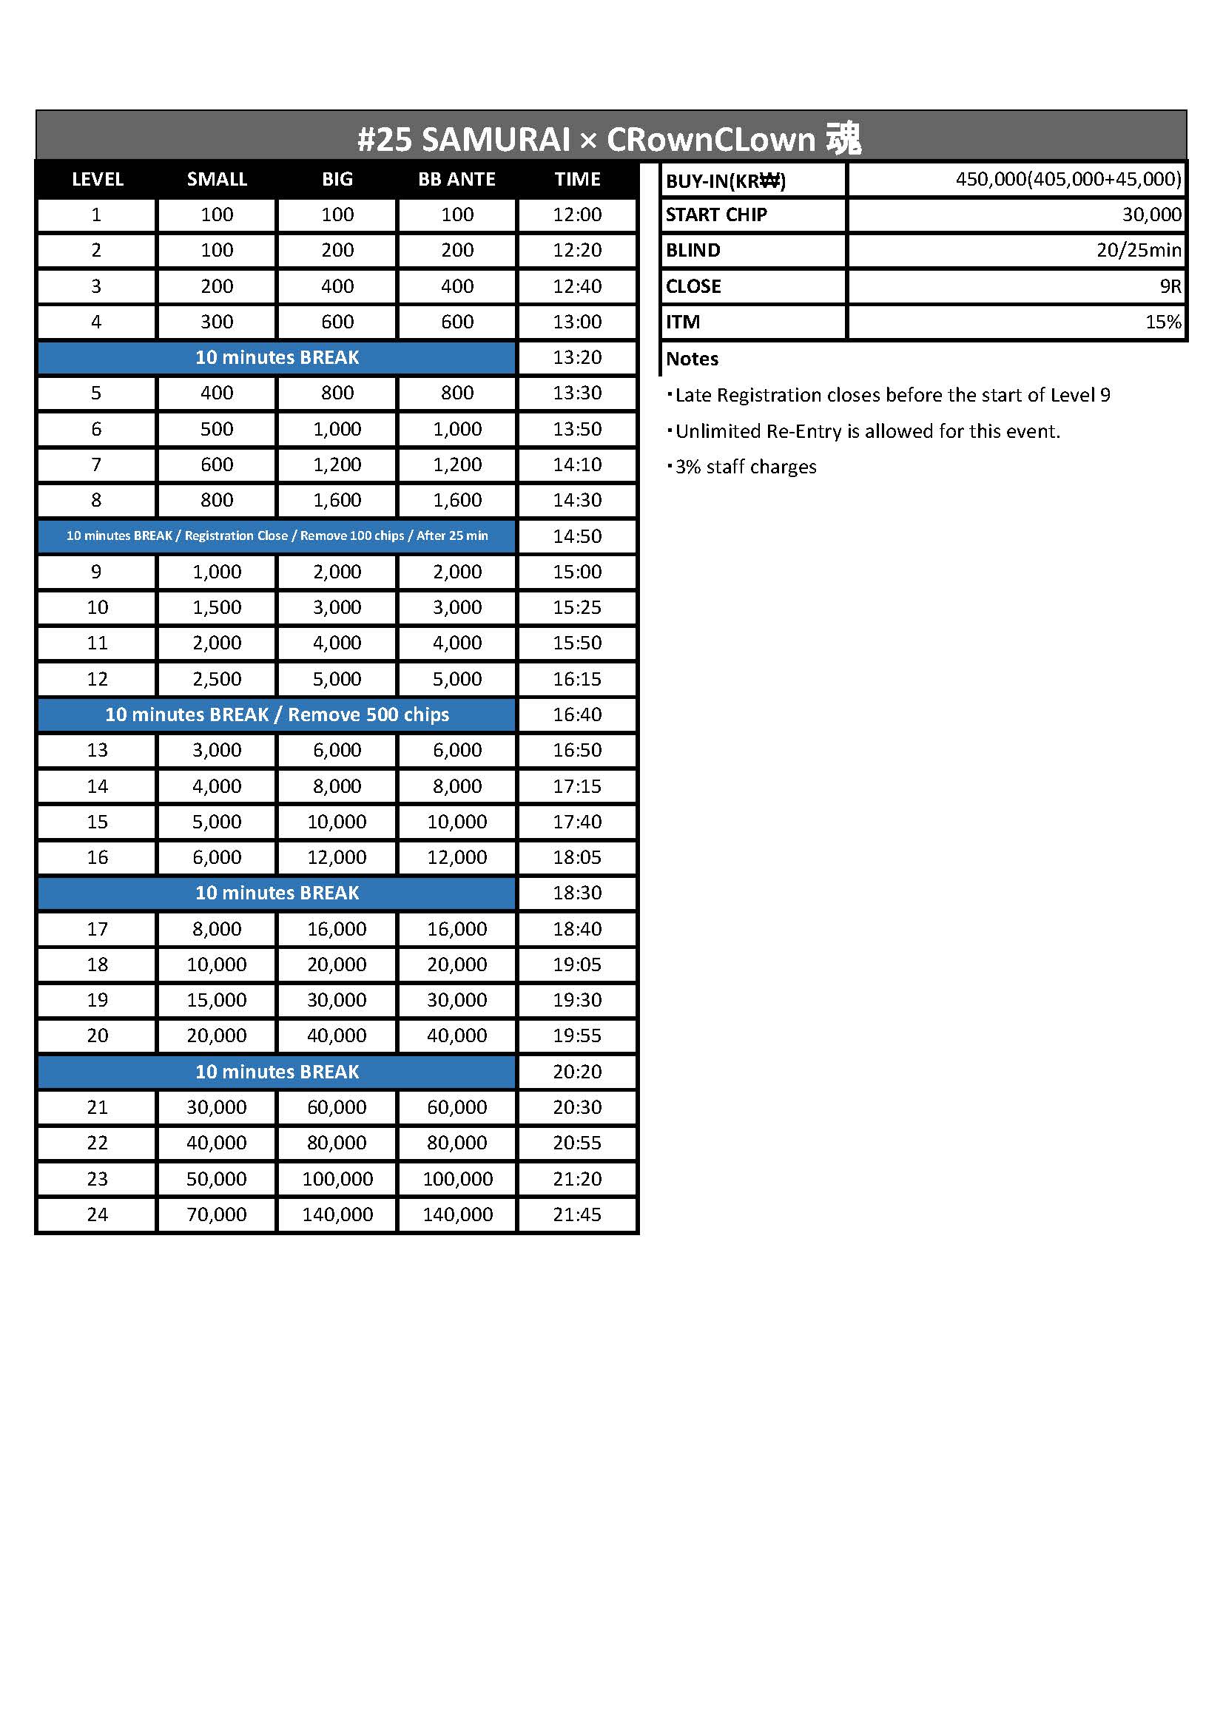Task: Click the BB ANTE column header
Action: (456, 179)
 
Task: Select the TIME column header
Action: (577, 179)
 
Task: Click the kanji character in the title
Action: (843, 138)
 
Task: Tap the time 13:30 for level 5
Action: (577, 393)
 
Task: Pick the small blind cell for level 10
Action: (217, 607)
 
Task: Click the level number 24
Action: (97, 1214)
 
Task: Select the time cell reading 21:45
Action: (577, 1214)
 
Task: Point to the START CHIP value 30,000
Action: (1151, 214)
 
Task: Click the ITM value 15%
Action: (1163, 322)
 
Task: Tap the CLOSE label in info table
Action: (693, 286)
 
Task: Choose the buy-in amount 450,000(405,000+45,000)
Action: (1068, 179)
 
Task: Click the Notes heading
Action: (692, 359)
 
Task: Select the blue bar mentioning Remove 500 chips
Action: (277, 714)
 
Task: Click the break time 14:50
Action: (577, 536)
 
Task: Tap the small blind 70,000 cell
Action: (217, 1214)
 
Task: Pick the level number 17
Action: (97, 929)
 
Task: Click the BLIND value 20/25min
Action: (1139, 250)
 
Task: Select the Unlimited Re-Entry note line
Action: (866, 431)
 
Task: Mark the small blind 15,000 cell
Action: (217, 1000)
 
